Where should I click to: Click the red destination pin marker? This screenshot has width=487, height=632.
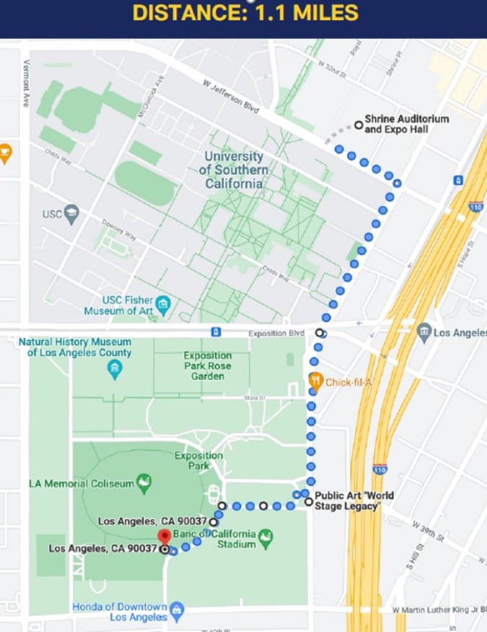tap(164, 537)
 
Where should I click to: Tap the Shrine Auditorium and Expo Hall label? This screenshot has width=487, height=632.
tap(406, 124)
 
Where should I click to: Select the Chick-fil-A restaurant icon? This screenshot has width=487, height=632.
tap(315, 380)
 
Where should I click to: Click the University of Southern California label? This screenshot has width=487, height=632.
tap(234, 170)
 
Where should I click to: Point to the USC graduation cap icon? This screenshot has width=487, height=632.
tap(71, 213)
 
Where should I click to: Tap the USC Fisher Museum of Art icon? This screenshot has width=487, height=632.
tap(164, 306)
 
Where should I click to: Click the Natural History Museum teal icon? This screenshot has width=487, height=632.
tap(115, 371)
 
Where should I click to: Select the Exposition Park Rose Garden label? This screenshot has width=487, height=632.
tap(207, 365)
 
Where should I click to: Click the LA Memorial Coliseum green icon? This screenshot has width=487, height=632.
tap(144, 483)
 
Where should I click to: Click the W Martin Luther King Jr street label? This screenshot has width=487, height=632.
tap(437, 610)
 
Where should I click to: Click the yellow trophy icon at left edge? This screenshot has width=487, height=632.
tap(4, 153)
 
